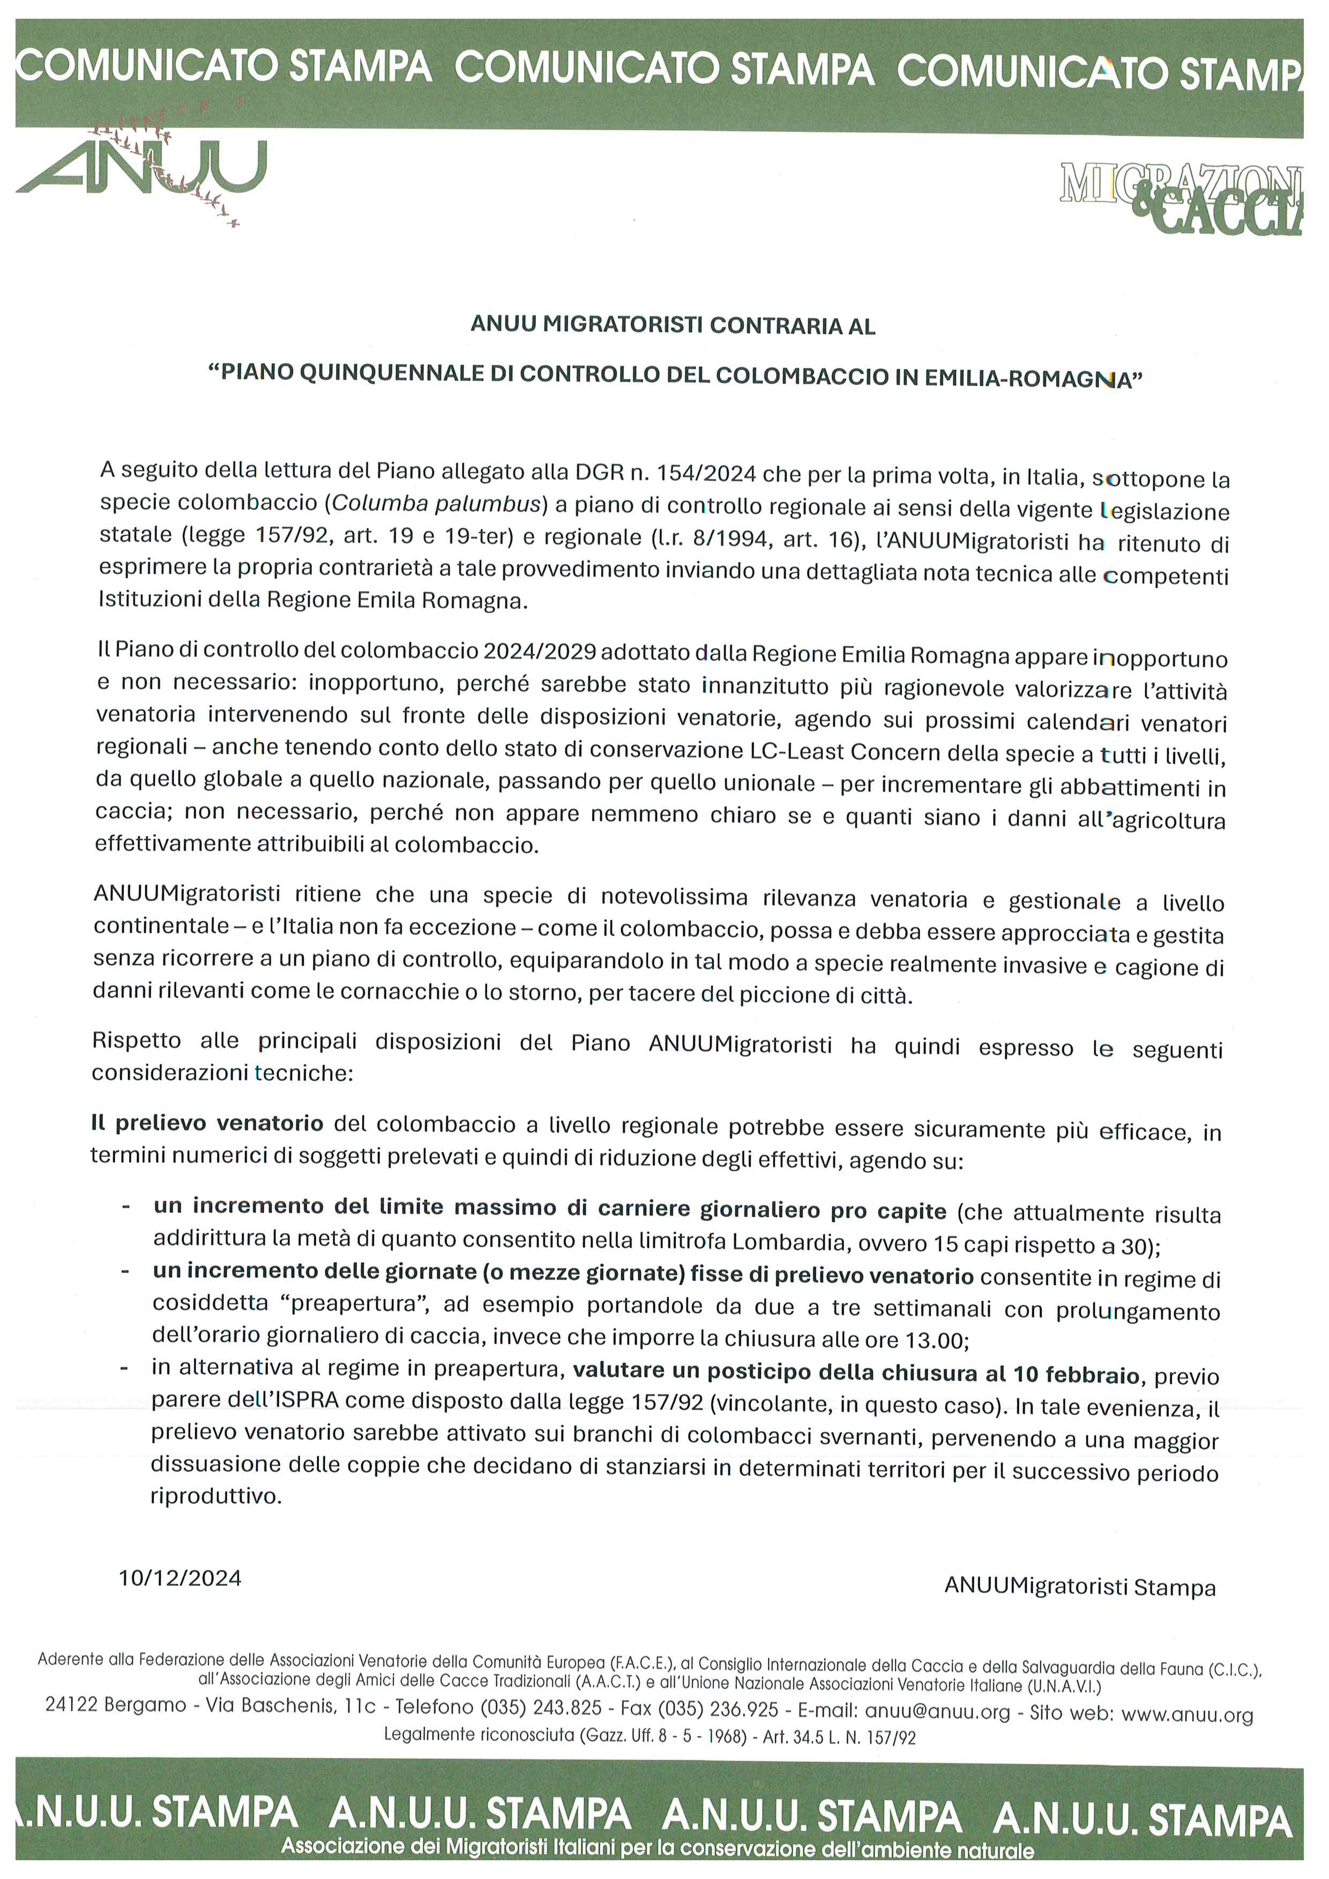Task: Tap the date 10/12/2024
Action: (180, 1578)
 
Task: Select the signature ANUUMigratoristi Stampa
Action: (1079, 1587)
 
